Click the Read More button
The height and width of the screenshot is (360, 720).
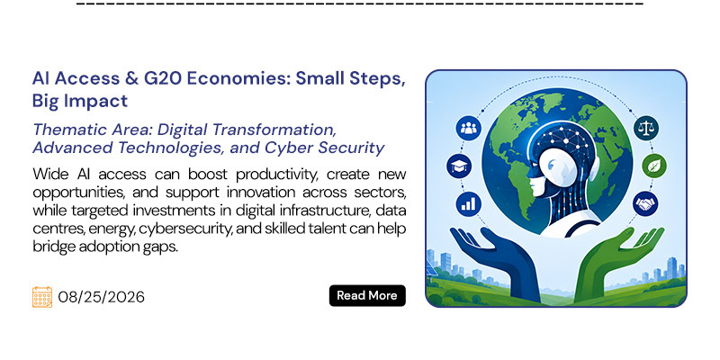pyautogui.click(x=367, y=295)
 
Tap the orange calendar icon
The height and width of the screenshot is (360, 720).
pyautogui.click(x=42, y=297)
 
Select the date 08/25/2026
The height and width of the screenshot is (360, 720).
pyautogui.click(x=102, y=297)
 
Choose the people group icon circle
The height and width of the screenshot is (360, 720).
pyautogui.click(x=468, y=128)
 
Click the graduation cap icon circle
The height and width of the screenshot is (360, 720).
pyautogui.click(x=459, y=166)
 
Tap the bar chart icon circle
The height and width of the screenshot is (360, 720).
pyautogui.click(x=468, y=203)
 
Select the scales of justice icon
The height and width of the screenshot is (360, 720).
pyautogui.click(x=646, y=128)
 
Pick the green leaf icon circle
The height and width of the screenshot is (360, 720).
pyautogui.click(x=654, y=166)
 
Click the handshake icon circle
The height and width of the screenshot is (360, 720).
pyautogui.click(x=645, y=203)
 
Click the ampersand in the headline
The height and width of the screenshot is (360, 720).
pyautogui.click(x=129, y=79)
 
